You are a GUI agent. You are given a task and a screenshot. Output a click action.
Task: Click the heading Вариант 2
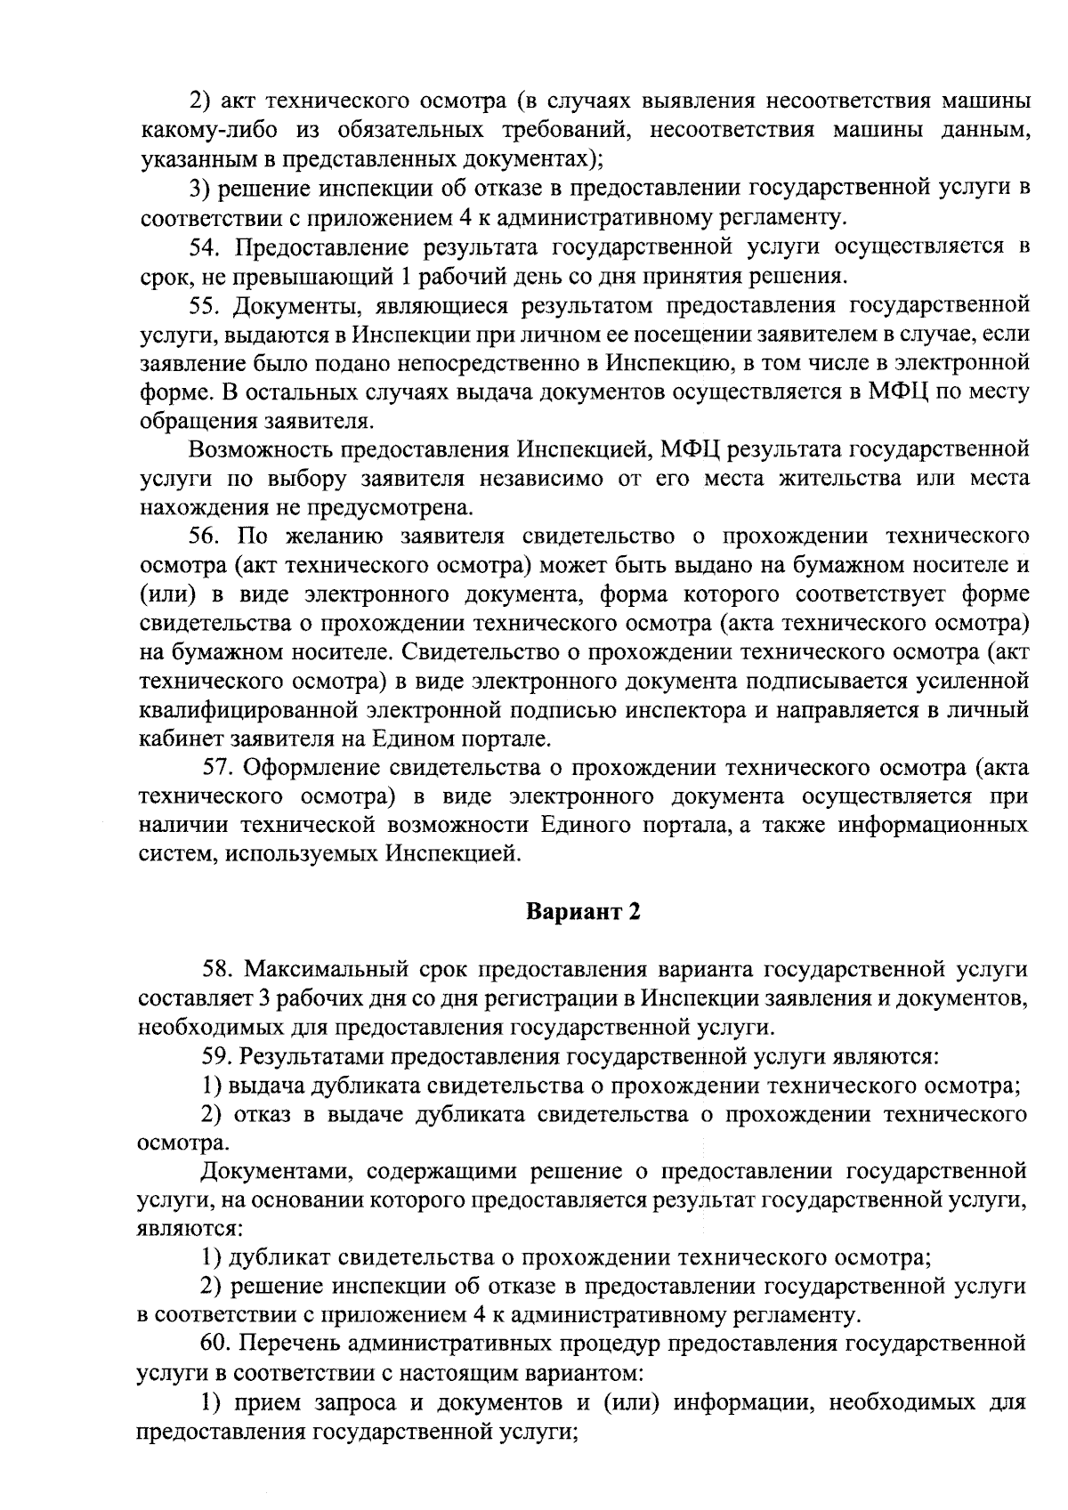[583, 912]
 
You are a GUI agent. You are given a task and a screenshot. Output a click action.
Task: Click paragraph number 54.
[207, 246]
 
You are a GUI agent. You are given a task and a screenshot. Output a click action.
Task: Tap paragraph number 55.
[206, 305]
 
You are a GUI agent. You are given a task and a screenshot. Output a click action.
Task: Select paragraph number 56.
[206, 536]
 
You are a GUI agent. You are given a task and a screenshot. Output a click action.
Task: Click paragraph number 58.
[218, 968]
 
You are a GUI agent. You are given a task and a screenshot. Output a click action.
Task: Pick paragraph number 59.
[218, 1056]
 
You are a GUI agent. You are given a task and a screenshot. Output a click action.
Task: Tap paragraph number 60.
[218, 1342]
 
